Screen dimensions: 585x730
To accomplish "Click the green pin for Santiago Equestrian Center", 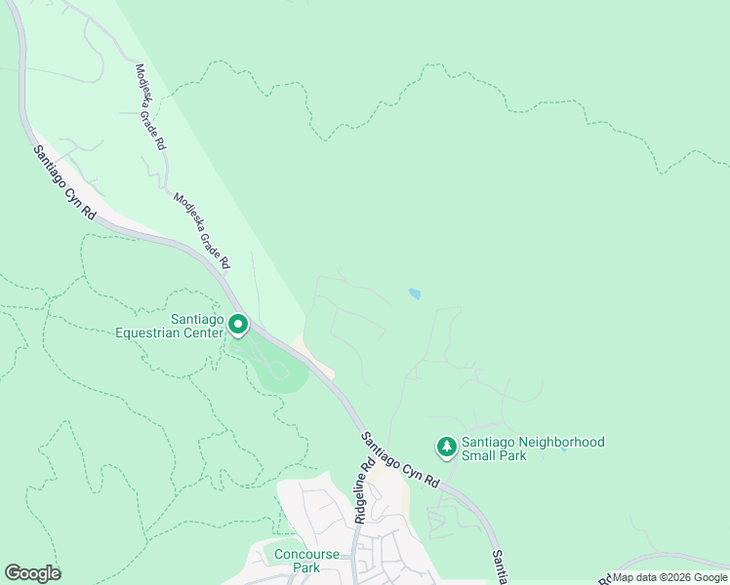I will click(x=237, y=324).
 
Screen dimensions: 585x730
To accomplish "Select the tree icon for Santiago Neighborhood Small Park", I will click(x=446, y=447).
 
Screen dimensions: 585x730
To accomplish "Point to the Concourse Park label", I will click(x=305, y=561).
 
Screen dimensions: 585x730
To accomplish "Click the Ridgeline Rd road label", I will click(x=363, y=493).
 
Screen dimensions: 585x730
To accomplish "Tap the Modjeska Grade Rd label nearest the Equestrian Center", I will click(x=201, y=230).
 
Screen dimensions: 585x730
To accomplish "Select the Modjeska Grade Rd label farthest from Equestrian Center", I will click(x=150, y=107).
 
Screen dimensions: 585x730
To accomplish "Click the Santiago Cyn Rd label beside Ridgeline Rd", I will click(x=400, y=461).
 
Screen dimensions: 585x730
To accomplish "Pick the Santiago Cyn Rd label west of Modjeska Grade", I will click(x=63, y=182).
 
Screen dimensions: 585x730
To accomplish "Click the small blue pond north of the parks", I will click(x=415, y=293).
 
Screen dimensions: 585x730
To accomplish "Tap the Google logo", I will click(x=32, y=573).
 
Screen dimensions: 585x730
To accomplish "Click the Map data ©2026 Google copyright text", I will click(x=669, y=577).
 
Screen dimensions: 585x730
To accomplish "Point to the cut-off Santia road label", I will click(x=498, y=566).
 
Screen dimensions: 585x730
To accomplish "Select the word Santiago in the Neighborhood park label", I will click(x=490, y=442).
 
